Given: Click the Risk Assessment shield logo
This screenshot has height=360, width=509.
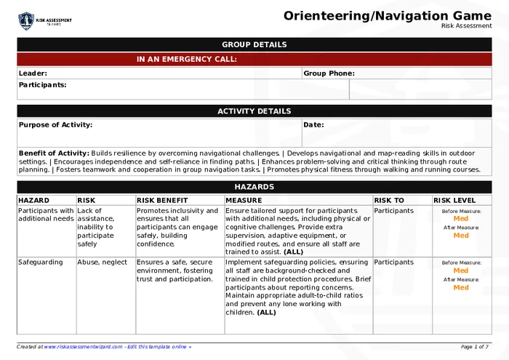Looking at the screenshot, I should click(26, 21).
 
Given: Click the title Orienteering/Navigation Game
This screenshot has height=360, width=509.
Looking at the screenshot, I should click(387, 15).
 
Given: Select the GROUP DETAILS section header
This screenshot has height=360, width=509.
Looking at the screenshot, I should click(254, 45).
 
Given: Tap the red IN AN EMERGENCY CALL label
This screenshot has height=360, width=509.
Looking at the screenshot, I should click(187, 60).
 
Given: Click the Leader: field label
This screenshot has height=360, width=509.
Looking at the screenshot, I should click(33, 73).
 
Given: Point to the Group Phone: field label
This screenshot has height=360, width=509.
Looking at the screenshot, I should click(329, 73).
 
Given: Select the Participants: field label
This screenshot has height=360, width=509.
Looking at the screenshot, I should click(42, 85).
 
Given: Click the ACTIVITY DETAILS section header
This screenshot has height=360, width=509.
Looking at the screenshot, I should click(254, 111).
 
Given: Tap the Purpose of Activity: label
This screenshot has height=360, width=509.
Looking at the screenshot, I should click(55, 125).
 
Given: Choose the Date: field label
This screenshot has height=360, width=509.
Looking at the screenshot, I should click(313, 125).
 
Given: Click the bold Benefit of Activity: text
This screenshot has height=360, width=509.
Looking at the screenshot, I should click(54, 153).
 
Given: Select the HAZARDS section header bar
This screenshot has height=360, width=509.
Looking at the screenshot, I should click(254, 187).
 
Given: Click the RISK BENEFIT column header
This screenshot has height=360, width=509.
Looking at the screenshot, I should click(162, 200).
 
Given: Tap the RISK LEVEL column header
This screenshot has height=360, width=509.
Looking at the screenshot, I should click(454, 200).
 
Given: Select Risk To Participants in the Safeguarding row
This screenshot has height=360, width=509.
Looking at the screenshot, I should click(393, 263).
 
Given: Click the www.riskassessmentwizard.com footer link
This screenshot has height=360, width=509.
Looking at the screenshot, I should click(82, 348).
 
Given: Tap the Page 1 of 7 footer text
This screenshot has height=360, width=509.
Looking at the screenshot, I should click(475, 348).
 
